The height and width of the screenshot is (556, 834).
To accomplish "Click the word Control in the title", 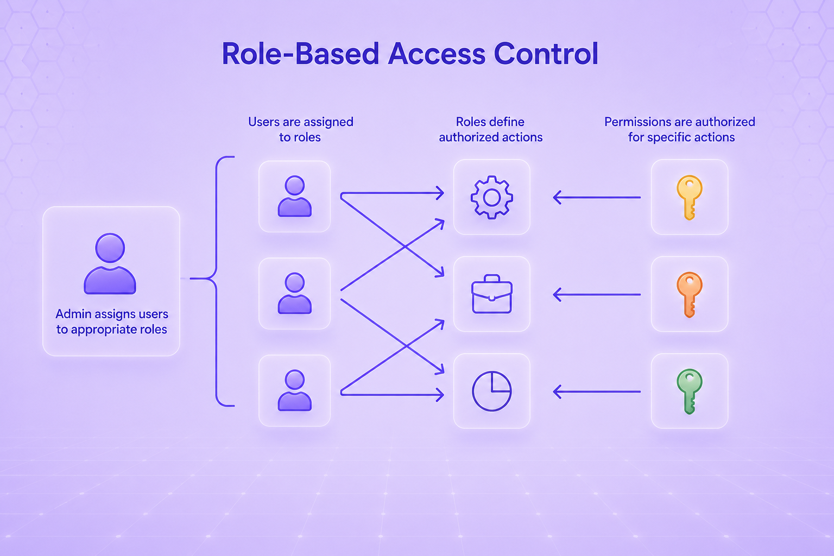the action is tap(546, 54).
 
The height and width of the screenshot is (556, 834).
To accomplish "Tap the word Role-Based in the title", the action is tap(300, 54).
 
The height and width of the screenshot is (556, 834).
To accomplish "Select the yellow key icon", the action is tap(690, 198).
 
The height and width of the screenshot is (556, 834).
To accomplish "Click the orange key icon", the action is tap(690, 295).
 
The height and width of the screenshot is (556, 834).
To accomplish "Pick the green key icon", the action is tap(690, 391).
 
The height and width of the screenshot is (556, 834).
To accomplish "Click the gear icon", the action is tap(492, 197).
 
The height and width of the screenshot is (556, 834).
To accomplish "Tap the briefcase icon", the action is tap(492, 294).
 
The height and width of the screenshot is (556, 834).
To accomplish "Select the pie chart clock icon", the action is tap(492, 391).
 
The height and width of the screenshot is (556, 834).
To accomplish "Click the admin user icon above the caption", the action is tap(110, 264).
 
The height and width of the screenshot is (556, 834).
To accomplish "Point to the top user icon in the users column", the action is tap(294, 196).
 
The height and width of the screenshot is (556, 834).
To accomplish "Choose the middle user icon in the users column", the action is tap(294, 293).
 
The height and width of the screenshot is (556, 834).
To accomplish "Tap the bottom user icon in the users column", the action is tap(294, 390).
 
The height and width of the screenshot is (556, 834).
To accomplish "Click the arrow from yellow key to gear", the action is tap(597, 198).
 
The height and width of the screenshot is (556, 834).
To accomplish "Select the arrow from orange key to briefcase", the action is tap(597, 295).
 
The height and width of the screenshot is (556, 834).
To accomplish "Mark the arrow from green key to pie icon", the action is tap(597, 392).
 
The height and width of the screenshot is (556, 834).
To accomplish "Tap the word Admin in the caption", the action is tap(73, 314).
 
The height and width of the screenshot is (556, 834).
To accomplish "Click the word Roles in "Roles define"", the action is tap(469, 122).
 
